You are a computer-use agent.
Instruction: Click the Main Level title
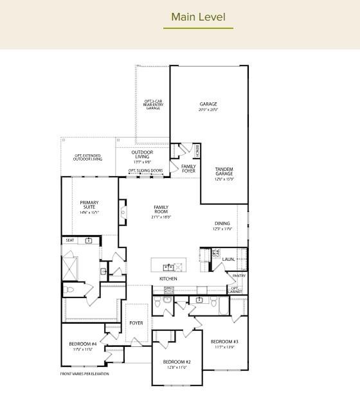(x=198, y=17)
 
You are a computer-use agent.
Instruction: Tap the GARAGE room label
(x=208, y=104)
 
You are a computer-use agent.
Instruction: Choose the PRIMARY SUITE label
(x=89, y=205)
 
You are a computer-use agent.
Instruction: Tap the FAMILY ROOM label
(x=161, y=210)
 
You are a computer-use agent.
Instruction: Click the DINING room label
(x=222, y=224)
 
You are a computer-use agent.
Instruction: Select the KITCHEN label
(x=168, y=279)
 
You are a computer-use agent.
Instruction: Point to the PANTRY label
(x=239, y=276)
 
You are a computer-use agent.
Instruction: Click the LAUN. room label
(x=228, y=260)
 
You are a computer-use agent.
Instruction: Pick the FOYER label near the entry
(x=136, y=323)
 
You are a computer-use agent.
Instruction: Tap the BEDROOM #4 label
(x=83, y=344)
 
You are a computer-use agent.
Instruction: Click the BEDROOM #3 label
(x=224, y=341)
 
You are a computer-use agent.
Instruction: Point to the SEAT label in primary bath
(x=70, y=240)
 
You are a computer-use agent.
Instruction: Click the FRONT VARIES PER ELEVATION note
(x=85, y=374)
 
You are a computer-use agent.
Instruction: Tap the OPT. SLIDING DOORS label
(x=145, y=171)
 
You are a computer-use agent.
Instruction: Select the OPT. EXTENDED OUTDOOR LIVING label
(x=87, y=157)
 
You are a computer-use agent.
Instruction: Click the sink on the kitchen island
(x=168, y=266)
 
